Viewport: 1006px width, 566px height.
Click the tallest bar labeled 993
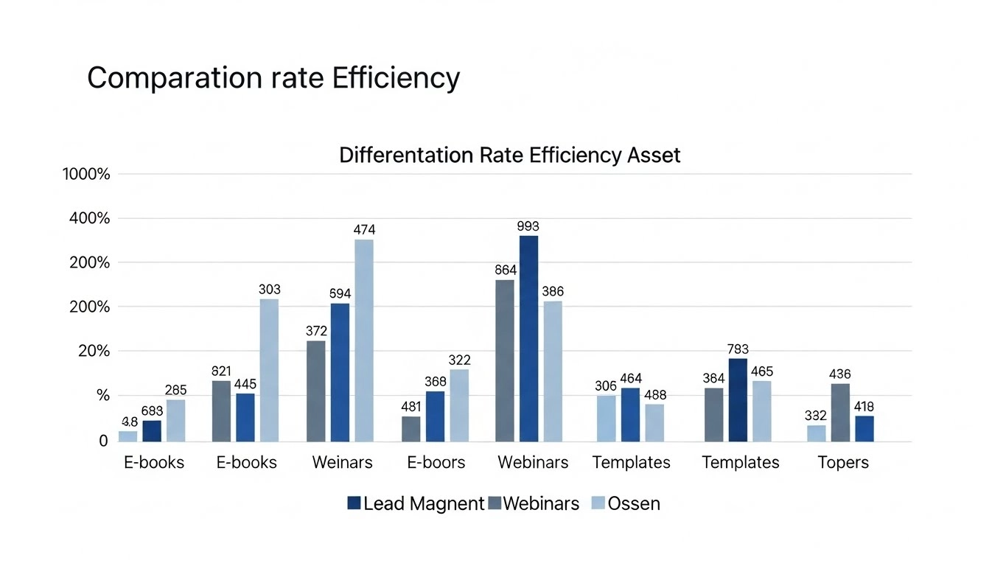pyautogui.click(x=528, y=338)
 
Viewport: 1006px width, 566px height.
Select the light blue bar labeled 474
pyautogui.click(x=364, y=340)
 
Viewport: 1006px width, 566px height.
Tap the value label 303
pyautogui.click(x=270, y=290)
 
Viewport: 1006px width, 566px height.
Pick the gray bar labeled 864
pyautogui.click(x=505, y=360)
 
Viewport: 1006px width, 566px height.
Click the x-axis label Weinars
pyautogui.click(x=342, y=463)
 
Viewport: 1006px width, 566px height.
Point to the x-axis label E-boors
pyautogui.click(x=436, y=463)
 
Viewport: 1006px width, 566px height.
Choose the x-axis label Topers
pyautogui.click(x=843, y=463)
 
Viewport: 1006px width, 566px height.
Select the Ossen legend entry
pyautogui.click(x=633, y=503)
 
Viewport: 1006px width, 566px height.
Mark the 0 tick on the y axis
pyautogui.click(x=103, y=441)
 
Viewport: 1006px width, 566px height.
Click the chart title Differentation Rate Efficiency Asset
pyautogui.click(x=509, y=156)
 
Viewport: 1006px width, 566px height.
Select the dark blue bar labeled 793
pyautogui.click(x=738, y=400)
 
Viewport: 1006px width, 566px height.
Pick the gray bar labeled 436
pyautogui.click(x=840, y=413)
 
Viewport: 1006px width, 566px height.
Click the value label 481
pyautogui.click(x=411, y=407)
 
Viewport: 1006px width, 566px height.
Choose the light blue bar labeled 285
pyautogui.click(x=175, y=420)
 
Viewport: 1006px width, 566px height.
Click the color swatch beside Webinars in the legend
pyautogui.click(x=495, y=503)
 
